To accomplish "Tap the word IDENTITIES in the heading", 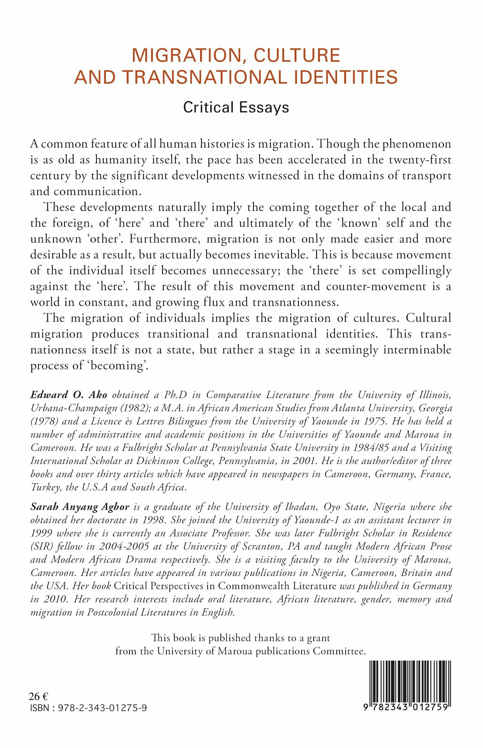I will click(x=345, y=77).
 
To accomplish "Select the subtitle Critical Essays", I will click(x=236, y=107).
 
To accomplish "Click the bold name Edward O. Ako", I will click(x=69, y=395).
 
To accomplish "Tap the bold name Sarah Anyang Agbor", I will click(x=80, y=507).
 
